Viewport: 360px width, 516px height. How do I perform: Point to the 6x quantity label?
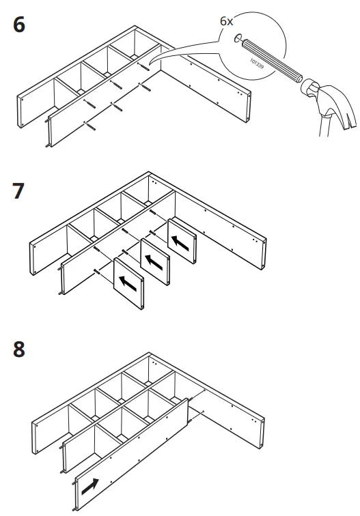click(x=227, y=20)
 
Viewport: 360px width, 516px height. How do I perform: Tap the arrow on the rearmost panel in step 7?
click(x=181, y=241)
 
